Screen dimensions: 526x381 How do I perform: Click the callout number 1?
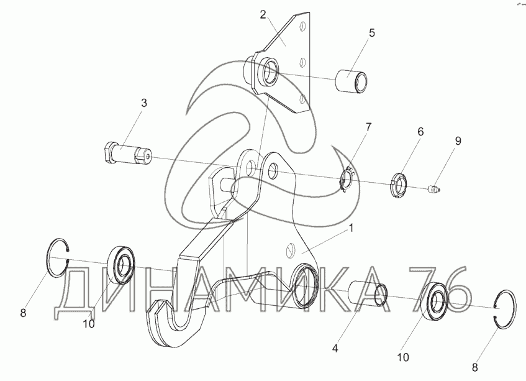click(x=351, y=229)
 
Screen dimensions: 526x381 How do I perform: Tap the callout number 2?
click(x=263, y=14)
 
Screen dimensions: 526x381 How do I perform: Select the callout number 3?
click(x=143, y=103)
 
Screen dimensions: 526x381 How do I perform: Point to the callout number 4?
click(x=335, y=349)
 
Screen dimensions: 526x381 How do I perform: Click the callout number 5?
click(x=371, y=33)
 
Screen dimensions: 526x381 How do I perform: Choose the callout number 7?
click(x=368, y=126)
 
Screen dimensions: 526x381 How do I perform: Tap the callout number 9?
click(x=458, y=141)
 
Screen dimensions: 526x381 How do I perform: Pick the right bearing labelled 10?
click(x=436, y=300)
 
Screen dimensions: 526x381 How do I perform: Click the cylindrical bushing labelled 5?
click(x=351, y=82)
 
